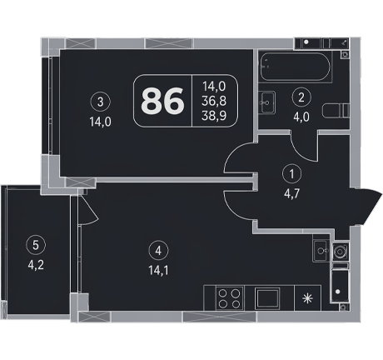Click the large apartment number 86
pos(162,101)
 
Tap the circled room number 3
pos(100,102)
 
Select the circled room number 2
pos(301,97)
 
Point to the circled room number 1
pos(291,174)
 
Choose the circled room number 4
pos(158,251)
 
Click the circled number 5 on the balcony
pos(36,245)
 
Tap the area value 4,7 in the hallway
pos(291,194)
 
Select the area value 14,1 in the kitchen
pos(159,271)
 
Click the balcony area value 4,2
pos(36,265)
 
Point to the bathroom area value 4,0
pos(301,117)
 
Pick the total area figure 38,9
pos(214,115)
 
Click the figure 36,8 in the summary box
pos(214,101)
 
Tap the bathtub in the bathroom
pos(296,67)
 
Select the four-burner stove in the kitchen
pos(229,298)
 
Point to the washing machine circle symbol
pos(340,252)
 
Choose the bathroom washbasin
pos(267,102)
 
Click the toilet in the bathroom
pos(336,111)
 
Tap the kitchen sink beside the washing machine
pos(322,251)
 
